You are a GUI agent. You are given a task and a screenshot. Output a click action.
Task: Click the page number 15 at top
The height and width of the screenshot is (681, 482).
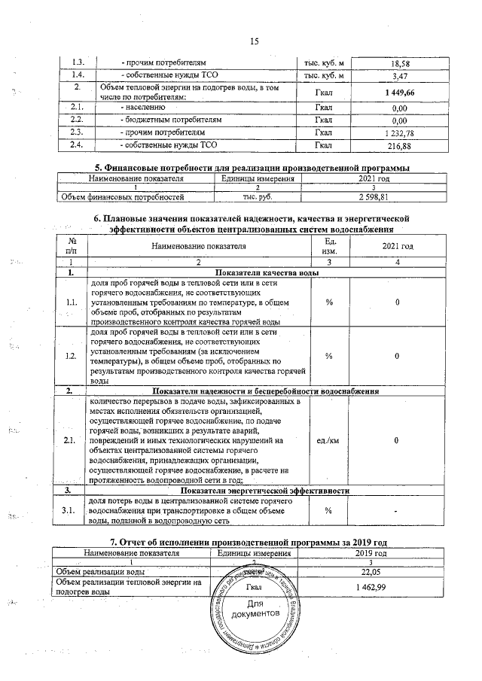coord(254,42)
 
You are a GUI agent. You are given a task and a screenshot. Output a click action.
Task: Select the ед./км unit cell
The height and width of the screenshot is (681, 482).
coord(329,439)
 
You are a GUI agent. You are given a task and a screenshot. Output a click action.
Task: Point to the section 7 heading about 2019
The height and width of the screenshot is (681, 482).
coord(249,541)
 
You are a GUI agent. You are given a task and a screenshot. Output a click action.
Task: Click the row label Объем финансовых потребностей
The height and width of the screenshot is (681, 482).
coord(122,197)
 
